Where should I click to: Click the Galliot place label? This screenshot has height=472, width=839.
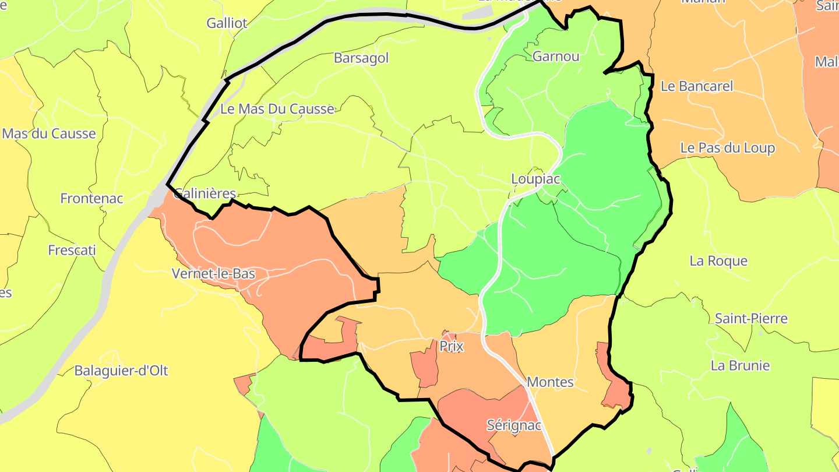(x=227, y=23)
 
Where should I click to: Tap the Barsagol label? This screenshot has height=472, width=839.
(x=361, y=58)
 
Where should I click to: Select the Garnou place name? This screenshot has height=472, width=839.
(x=556, y=57)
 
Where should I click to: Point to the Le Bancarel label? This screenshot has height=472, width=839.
(x=697, y=86)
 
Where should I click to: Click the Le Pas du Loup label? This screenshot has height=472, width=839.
(x=728, y=148)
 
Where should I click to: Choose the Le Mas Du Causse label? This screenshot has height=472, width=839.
(x=277, y=109)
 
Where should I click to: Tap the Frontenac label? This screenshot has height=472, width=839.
(x=91, y=199)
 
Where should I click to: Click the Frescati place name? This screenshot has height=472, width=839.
(x=72, y=251)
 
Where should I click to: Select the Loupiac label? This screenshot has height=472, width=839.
(x=535, y=179)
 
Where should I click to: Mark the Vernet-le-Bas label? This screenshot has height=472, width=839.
(x=213, y=274)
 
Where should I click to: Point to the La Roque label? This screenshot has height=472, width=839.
(x=718, y=261)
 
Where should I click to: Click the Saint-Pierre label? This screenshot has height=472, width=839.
(x=751, y=319)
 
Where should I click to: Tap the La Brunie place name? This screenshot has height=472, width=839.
(x=740, y=366)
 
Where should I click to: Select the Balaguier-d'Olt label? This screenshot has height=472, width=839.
(x=121, y=371)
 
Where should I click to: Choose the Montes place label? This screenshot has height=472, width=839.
(x=550, y=382)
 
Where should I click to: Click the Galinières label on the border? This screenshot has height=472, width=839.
(x=205, y=194)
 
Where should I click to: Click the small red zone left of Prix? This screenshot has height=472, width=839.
(x=425, y=368)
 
